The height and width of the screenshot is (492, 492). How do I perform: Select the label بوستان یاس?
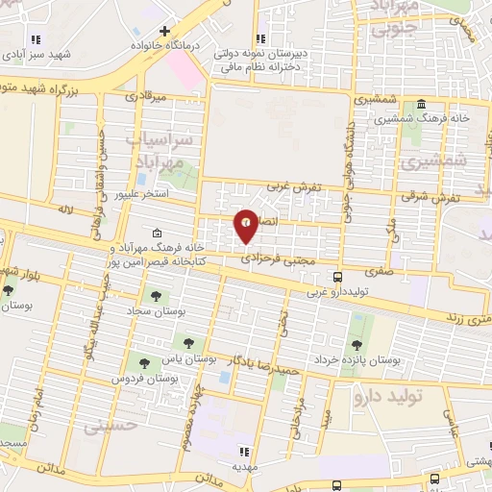tap(200, 358)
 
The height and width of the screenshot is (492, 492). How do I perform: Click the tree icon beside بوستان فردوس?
tap(144, 363)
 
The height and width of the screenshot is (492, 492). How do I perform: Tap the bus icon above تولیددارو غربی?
tap(336, 278)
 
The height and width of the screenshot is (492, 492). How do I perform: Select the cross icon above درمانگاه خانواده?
tap(165, 32)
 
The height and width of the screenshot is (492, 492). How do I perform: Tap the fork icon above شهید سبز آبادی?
tap(37, 39)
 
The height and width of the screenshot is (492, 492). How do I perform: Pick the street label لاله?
tap(65, 209)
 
